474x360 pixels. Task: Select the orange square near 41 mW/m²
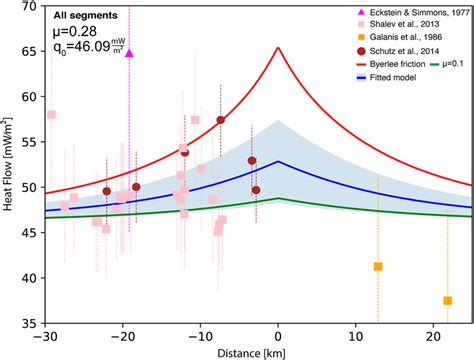pyautogui.click(x=378, y=266)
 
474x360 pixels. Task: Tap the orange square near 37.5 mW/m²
pyautogui.click(x=447, y=300)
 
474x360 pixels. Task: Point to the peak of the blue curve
pyautogui.click(x=279, y=162)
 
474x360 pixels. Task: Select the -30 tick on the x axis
pyautogui.click(x=46, y=335)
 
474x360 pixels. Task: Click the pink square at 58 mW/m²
pyautogui.click(x=52, y=115)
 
